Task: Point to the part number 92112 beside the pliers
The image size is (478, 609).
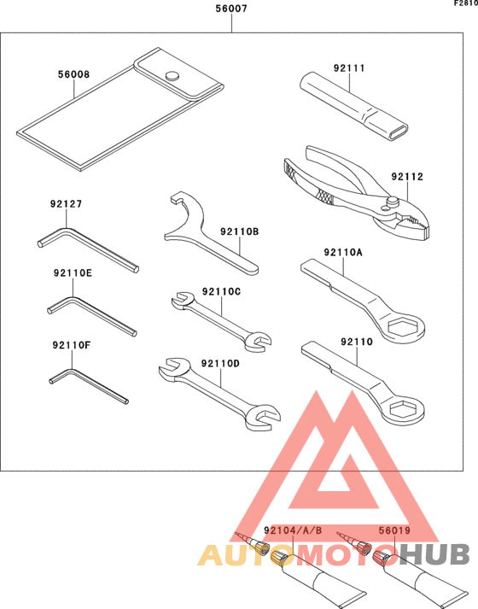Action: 408,177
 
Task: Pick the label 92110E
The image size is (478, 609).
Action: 72,273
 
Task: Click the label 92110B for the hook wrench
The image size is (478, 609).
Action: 239,231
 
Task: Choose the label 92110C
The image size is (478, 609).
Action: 222,291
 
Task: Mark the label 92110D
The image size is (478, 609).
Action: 221,363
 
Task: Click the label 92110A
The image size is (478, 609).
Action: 343,252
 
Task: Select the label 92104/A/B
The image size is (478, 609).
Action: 294,530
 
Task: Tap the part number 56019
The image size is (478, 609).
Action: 395,530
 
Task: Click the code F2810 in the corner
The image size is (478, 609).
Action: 464,4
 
